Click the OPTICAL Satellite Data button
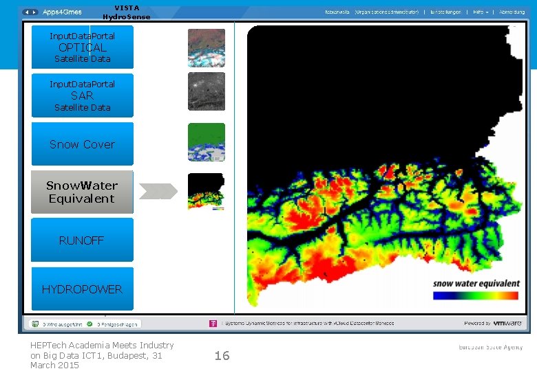click(82, 47)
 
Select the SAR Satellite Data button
click(82, 95)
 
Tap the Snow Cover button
click(82, 144)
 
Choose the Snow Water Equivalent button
click(82, 192)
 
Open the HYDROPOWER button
click(82, 289)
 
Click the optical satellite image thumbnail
click(207, 47)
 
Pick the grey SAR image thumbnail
click(207, 91)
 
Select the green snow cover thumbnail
click(207, 142)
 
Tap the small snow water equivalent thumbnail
click(207, 192)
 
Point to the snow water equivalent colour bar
click(475, 295)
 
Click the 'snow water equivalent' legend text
click(476, 283)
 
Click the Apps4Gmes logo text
click(62, 12)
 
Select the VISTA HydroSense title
click(126, 12)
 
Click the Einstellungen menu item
click(447, 12)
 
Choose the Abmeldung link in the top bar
click(512, 12)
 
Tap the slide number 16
click(222, 355)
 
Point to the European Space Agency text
click(491, 348)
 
